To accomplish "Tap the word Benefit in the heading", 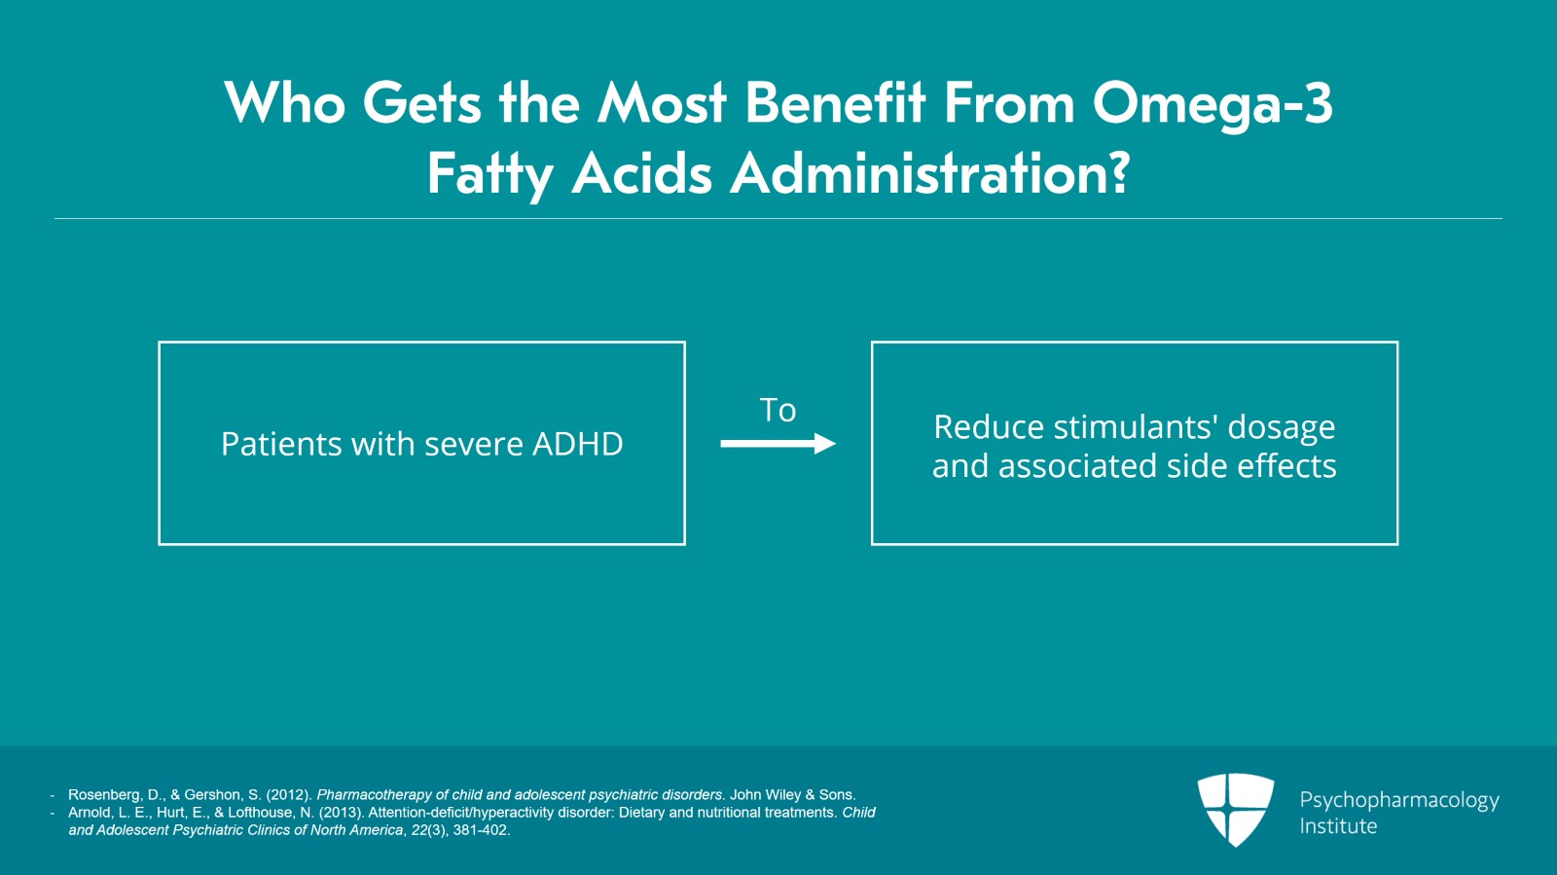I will (836, 103).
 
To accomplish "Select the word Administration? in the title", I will (929, 175).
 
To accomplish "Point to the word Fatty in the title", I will (489, 175).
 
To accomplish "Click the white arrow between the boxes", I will (778, 444).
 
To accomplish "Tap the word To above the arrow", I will (778, 411).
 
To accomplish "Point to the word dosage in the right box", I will (1282, 428).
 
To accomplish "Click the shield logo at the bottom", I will (1235, 809).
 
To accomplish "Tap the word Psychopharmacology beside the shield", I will (1399, 801).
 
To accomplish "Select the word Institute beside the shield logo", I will (1338, 826).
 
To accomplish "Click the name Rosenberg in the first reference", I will (103, 795).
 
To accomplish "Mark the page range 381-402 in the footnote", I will (481, 830).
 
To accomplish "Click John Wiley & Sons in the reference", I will (792, 795).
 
